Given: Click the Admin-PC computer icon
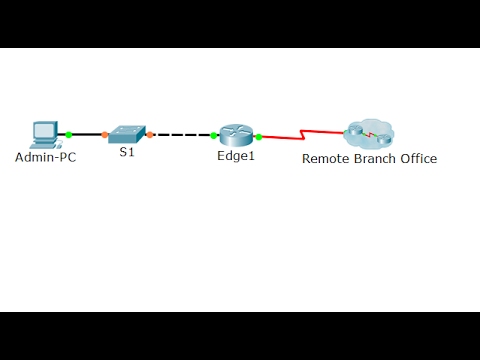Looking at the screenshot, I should (44, 134).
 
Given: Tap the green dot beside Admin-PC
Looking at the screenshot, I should (69, 134).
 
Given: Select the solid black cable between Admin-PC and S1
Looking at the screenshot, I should (86, 134).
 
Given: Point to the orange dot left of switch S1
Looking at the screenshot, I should (104, 134).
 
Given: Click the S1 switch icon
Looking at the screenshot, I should (127, 133).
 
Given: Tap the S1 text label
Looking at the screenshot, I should (127, 153).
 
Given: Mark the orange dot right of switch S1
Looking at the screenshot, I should (150, 134).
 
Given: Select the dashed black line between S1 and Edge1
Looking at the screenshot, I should (182, 134).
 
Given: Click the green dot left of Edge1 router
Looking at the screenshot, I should (214, 135).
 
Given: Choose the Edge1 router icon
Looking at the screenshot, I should (235, 136).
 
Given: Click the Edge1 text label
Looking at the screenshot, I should (236, 157).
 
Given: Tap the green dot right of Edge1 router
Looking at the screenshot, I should (259, 136).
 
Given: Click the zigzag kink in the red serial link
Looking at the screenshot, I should (303, 136).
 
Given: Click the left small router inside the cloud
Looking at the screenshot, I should (356, 130).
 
